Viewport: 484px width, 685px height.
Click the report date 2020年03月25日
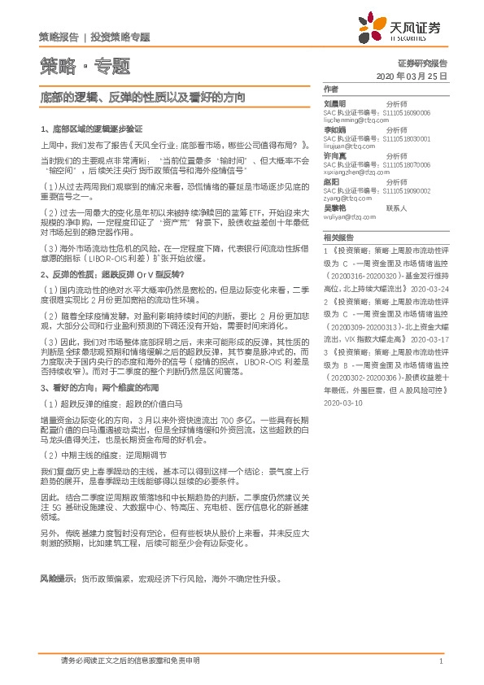point(413,75)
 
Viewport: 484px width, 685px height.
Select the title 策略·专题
point(84,65)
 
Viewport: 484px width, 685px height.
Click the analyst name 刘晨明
point(334,103)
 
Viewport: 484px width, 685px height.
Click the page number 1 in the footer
point(440,660)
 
